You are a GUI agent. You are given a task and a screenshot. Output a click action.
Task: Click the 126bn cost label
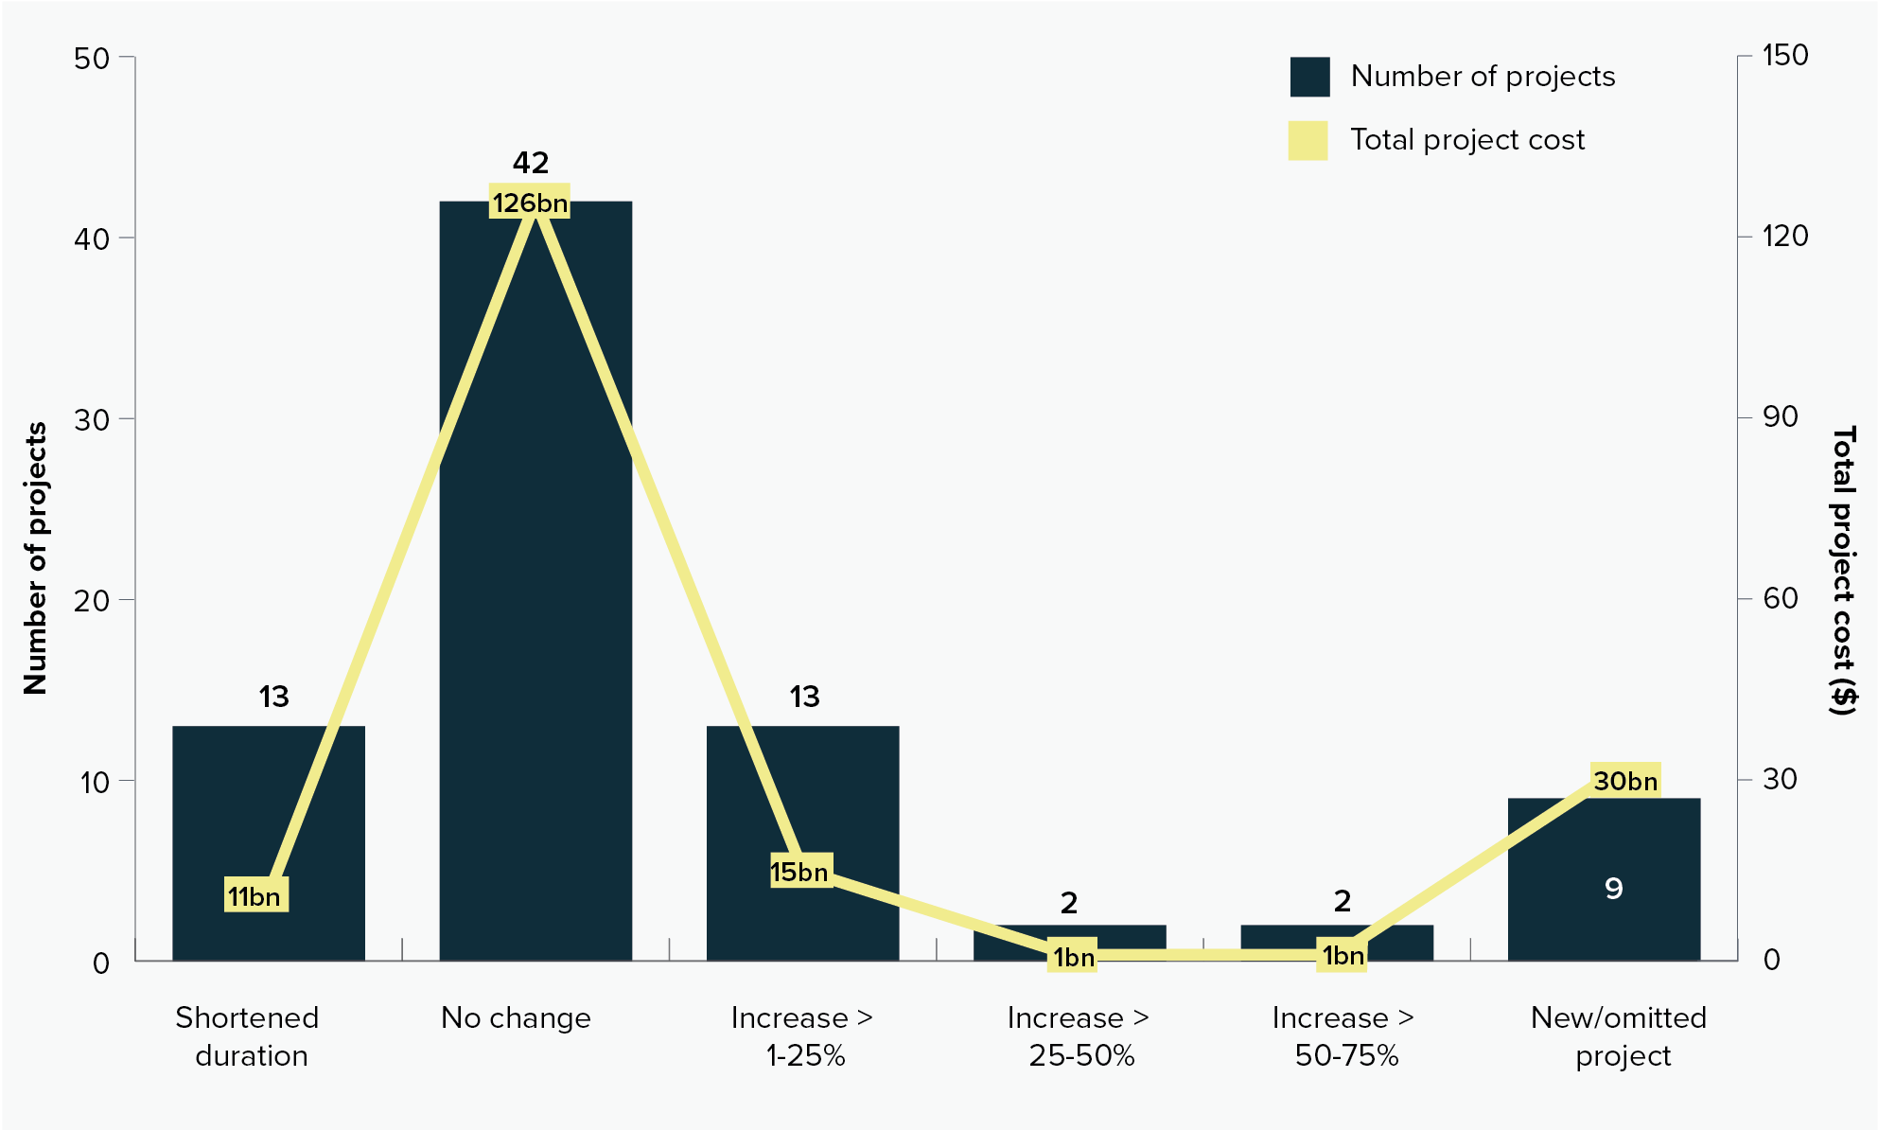(530, 203)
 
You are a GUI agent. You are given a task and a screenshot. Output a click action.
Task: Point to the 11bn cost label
(255, 895)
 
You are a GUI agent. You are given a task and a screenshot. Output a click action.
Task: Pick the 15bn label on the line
(800, 871)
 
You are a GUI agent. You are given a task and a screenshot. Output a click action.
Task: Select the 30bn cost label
(1625, 781)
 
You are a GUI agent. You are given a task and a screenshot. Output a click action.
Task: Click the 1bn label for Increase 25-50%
(1073, 957)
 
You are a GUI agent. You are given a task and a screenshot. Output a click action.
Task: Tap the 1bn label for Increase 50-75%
(1342, 956)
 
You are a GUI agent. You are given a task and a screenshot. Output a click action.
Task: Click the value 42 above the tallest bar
(531, 163)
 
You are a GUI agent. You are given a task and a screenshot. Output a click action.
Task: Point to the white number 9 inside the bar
(1614, 889)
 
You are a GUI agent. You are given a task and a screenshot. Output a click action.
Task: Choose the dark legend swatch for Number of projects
(1309, 77)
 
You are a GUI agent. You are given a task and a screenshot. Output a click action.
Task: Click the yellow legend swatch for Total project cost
(1308, 140)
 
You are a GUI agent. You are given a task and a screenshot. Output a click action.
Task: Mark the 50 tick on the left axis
(92, 58)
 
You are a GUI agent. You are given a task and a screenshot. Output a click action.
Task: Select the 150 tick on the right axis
(1784, 56)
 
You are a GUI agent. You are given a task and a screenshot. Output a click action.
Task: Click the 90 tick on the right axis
(1779, 417)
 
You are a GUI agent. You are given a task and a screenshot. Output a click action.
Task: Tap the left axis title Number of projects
(36, 558)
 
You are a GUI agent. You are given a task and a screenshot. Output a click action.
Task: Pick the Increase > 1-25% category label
(802, 1036)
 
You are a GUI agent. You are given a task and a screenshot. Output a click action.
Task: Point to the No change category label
(516, 1018)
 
